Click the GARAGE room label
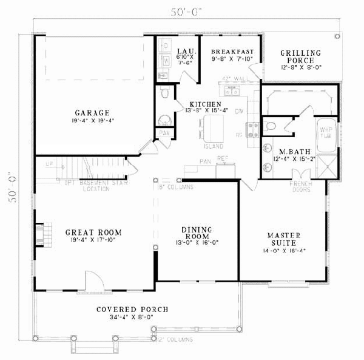click(92, 112)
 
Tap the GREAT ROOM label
click(93, 232)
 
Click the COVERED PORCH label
click(132, 309)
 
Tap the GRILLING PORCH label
click(300, 57)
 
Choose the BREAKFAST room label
click(232, 52)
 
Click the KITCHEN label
click(201, 104)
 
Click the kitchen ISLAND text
click(214, 146)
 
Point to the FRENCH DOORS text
click(300, 186)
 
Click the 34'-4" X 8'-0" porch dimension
click(132, 317)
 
